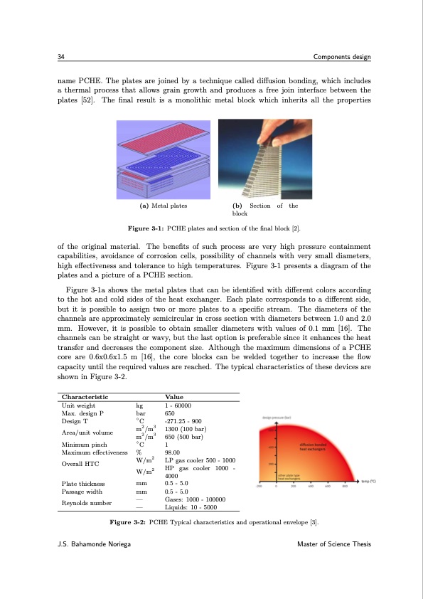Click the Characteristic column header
[85, 396]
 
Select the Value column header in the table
[174, 396]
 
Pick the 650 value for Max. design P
[170, 412]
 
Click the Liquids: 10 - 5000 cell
[191, 508]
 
